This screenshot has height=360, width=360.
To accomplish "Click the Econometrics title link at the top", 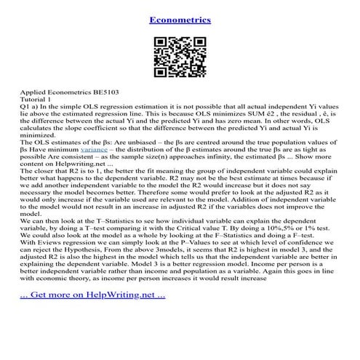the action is (180, 20).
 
